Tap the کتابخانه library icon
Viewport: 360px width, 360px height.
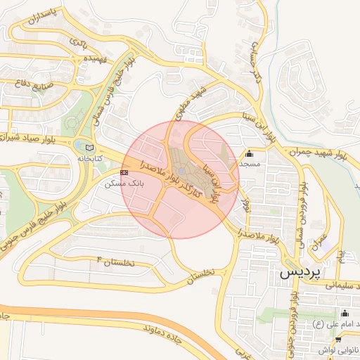click(89, 148)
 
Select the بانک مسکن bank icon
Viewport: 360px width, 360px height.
click(124, 172)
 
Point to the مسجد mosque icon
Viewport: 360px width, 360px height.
click(249, 154)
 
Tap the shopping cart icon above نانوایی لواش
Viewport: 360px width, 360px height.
click(340, 339)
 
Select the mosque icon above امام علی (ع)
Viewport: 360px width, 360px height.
click(344, 314)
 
